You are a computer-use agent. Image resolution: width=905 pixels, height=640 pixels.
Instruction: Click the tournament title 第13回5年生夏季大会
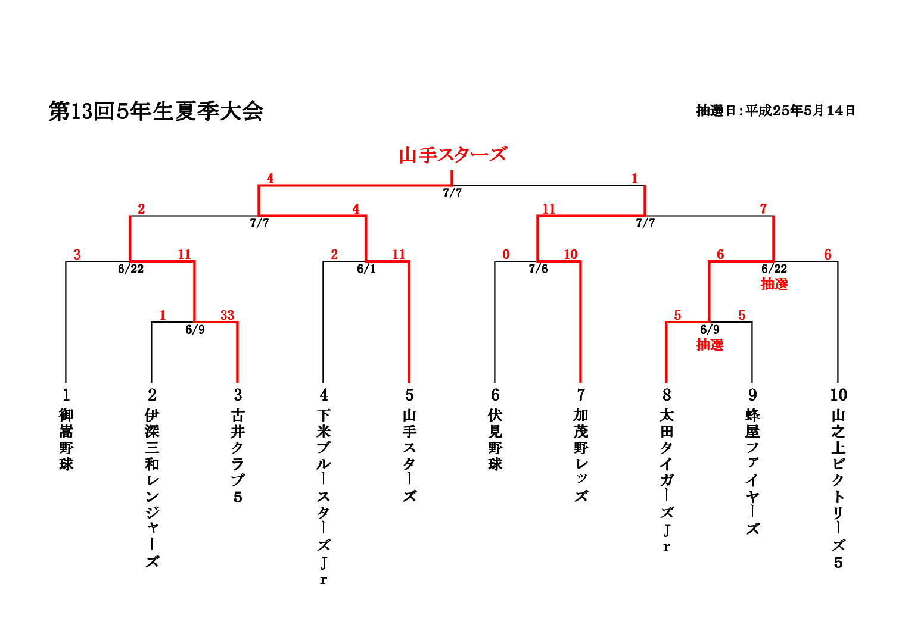156,111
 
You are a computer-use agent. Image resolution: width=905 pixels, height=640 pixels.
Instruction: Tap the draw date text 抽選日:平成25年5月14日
776,111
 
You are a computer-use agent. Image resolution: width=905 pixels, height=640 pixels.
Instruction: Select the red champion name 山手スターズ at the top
452,155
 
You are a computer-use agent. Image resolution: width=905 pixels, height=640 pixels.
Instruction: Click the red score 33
227,315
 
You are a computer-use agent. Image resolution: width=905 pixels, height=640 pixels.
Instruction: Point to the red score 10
570,255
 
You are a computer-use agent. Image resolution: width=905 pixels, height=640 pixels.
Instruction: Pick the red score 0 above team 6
506,255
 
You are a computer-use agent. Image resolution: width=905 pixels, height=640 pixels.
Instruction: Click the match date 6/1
366,269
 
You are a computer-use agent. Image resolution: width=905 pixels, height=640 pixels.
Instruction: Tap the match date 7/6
538,269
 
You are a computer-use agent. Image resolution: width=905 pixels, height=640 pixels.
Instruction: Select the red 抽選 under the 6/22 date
774,284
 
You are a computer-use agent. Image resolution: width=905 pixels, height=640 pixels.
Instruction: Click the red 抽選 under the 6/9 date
710,345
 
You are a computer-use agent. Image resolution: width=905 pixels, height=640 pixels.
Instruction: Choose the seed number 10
838,395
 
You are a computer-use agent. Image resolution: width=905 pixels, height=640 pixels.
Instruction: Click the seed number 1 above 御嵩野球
66,395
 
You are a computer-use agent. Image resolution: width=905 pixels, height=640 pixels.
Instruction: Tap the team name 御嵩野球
66,439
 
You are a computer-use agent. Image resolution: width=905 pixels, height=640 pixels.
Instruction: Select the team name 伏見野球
495,439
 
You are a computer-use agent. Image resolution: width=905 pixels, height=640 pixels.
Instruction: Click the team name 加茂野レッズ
581,455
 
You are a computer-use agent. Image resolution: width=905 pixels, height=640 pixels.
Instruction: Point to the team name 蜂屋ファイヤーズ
752,472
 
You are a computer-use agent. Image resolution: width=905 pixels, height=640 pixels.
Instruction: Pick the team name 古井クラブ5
238,455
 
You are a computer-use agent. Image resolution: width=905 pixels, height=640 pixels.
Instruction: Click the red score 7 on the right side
763,209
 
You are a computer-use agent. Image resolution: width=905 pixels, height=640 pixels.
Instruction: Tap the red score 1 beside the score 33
163,315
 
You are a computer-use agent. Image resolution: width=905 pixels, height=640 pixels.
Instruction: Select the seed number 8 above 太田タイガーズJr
667,395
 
